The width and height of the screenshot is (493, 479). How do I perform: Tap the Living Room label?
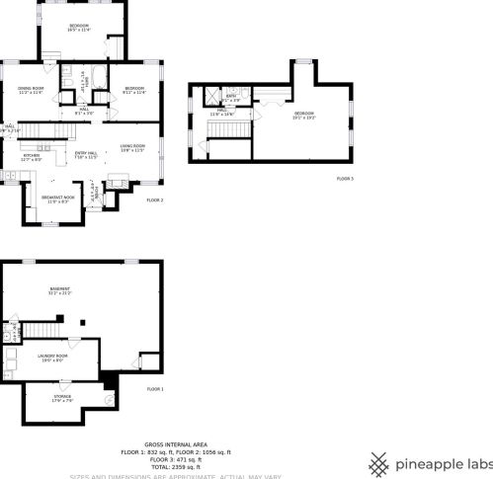[x=131, y=148]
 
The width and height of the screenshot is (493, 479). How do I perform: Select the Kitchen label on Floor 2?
[x=31, y=157]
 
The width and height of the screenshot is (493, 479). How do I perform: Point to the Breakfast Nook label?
[x=54, y=200]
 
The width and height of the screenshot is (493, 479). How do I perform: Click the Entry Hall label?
[x=87, y=154]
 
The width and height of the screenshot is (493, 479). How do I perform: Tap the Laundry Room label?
[x=51, y=358]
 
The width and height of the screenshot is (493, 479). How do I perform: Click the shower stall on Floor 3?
[x=210, y=96]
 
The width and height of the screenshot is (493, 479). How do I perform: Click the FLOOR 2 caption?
[x=154, y=200]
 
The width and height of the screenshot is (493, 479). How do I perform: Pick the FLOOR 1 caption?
[x=154, y=389]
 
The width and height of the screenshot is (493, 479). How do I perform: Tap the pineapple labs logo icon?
[x=378, y=462]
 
